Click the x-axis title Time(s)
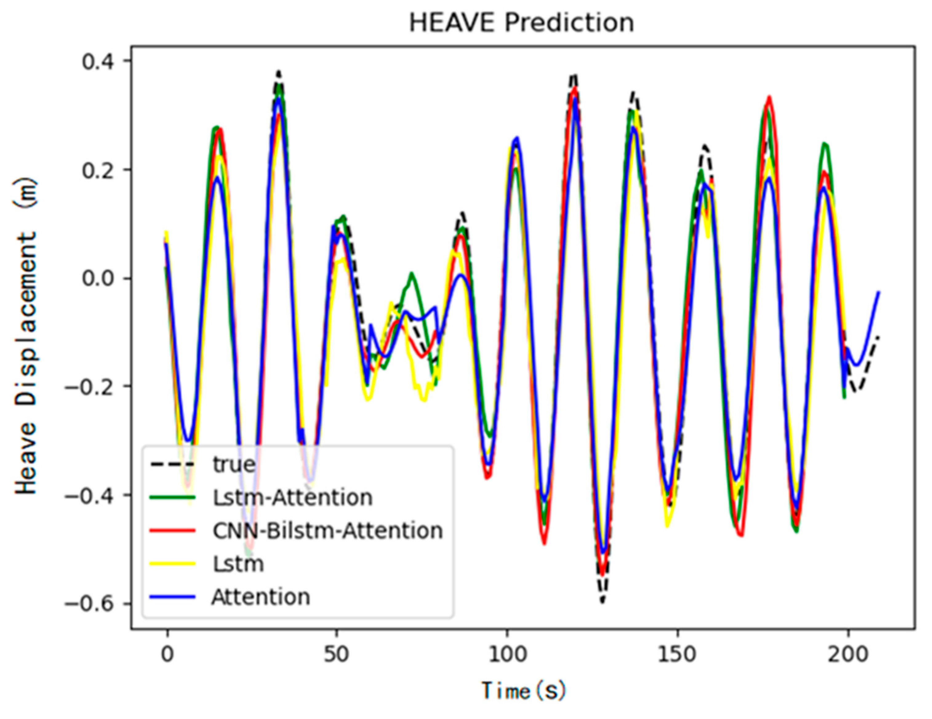[524, 690]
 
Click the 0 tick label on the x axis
[167, 654]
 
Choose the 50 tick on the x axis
[337, 654]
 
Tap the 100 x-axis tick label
[507, 654]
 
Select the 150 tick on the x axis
[677, 654]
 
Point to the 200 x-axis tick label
[847, 654]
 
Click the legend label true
[234, 464]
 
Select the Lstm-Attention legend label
[293, 497]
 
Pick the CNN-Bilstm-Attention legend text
[328, 531]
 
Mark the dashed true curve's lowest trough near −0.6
[602, 601]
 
